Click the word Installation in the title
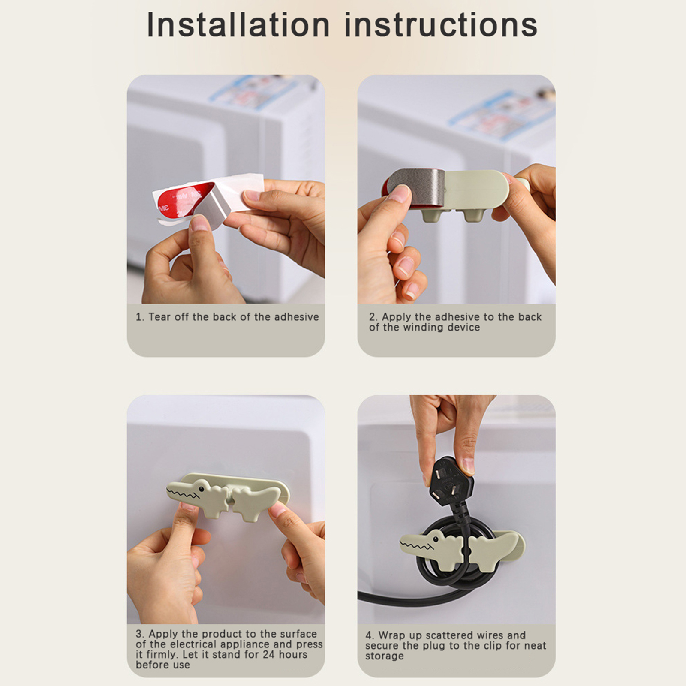pos(238,24)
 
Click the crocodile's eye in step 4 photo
pos(435,538)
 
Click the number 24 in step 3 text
pos(268,654)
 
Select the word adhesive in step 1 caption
pos(296,317)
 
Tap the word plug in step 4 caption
pos(436,646)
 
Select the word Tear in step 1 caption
pos(159,317)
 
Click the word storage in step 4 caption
pos(385,656)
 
